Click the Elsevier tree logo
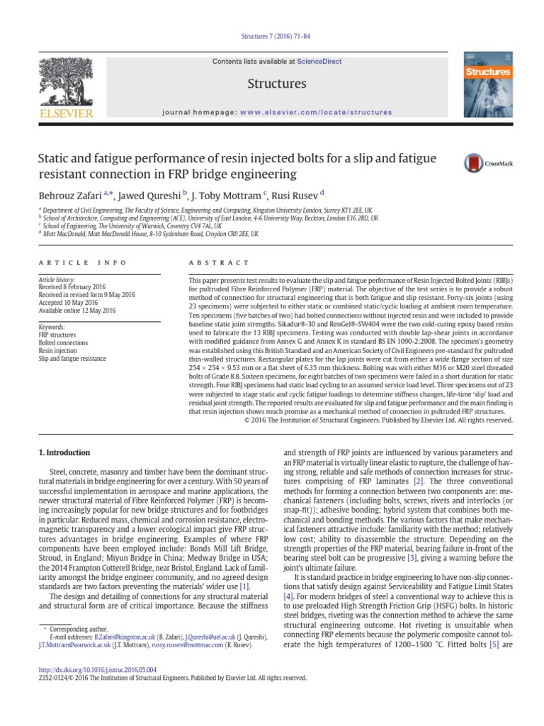coord(65,84)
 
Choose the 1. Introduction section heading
coord(64,452)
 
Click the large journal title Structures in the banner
coord(276,84)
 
